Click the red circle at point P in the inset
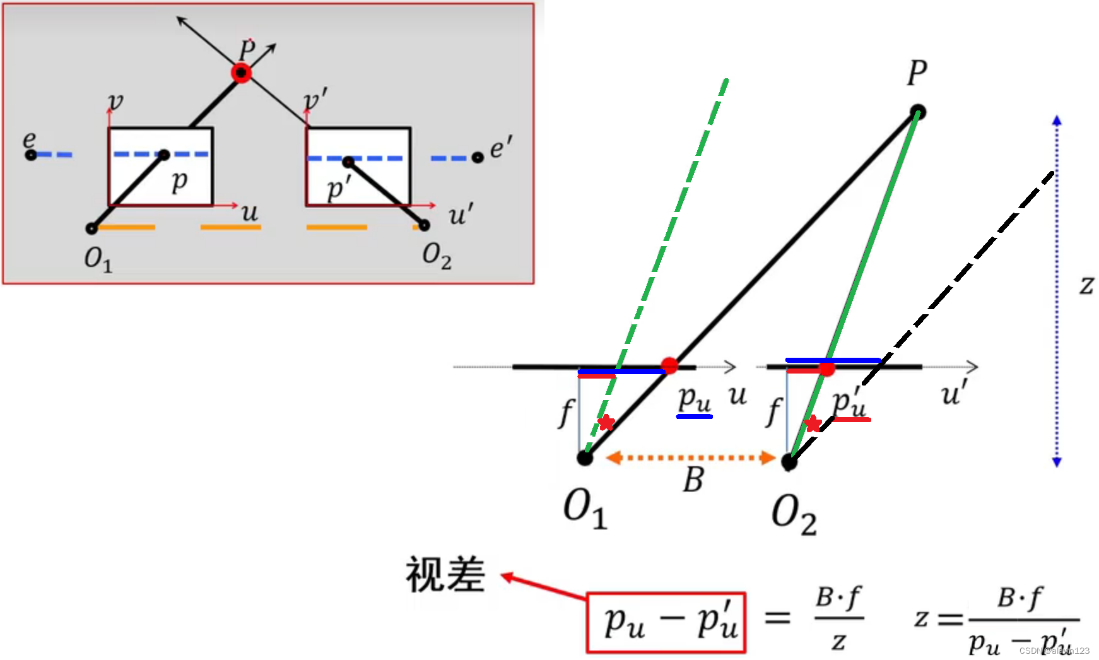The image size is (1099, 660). (241, 73)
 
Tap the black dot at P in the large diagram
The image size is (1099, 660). (918, 113)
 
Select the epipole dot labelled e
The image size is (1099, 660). (30, 155)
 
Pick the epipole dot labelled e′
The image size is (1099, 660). (478, 157)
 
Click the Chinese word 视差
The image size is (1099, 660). (445, 575)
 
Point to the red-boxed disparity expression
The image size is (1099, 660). (666, 623)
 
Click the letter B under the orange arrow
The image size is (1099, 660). (693, 480)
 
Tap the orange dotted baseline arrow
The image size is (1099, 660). (691, 457)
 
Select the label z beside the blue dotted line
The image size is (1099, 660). (1086, 285)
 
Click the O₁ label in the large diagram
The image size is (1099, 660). (585, 509)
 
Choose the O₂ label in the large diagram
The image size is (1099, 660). (794, 514)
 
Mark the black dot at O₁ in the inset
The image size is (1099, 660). (92, 228)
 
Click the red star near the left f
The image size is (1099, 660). (606, 422)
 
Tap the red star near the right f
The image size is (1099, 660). (813, 424)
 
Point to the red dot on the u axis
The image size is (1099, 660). (669, 365)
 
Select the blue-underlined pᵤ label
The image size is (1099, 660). (694, 400)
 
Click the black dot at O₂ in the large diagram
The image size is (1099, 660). (789, 462)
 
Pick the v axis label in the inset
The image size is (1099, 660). (115, 101)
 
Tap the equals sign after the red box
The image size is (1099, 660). (777, 618)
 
